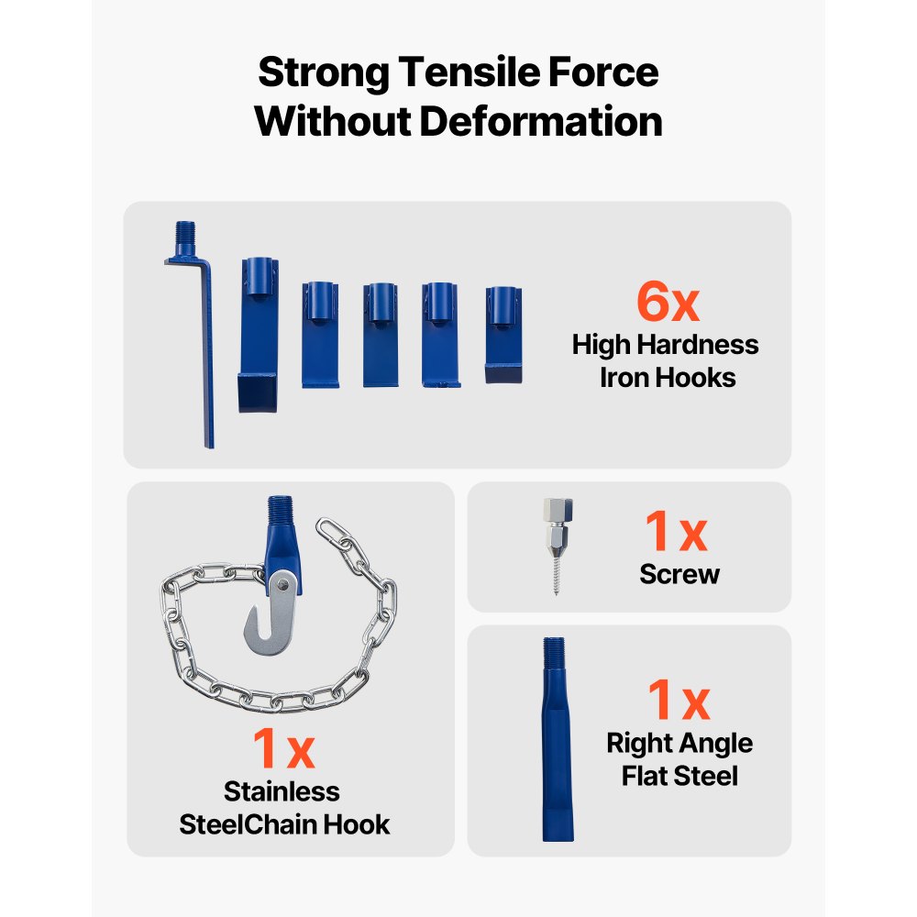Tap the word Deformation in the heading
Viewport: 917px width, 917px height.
click(x=541, y=121)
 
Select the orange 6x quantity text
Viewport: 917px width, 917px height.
click(x=668, y=301)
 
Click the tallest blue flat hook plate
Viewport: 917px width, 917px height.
click(x=259, y=335)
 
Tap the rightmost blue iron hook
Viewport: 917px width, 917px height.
click(x=503, y=335)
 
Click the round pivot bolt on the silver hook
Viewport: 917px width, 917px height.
click(x=282, y=585)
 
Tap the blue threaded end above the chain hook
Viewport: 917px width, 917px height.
click(x=280, y=509)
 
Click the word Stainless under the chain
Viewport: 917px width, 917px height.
click(x=282, y=791)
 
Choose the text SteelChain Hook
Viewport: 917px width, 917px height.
click(x=284, y=824)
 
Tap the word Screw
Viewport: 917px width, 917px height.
click(x=679, y=574)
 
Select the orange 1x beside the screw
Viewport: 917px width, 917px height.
click(x=676, y=531)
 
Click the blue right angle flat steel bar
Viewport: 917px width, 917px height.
click(x=558, y=739)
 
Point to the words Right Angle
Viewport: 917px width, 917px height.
click(x=679, y=744)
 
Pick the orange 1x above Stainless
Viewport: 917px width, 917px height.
click(x=283, y=747)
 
